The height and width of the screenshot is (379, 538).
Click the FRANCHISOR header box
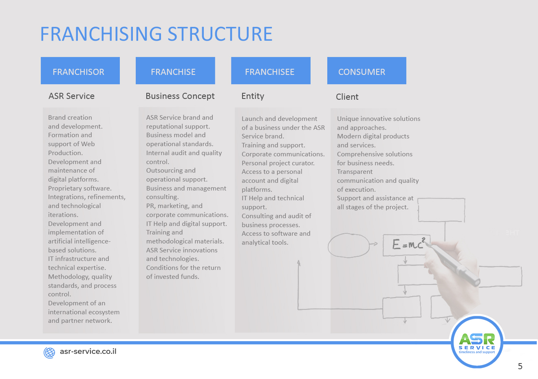point(80,71)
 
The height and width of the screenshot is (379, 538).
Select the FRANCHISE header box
point(175,71)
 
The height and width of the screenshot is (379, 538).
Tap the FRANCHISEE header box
point(271,71)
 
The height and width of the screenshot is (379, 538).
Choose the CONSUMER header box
point(366,71)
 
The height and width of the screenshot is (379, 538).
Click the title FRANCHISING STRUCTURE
point(156,34)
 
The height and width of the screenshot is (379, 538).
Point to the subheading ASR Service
point(71,96)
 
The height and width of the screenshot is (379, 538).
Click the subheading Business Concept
point(180,96)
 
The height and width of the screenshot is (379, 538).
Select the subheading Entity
point(253,96)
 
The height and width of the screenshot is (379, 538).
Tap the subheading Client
point(347,97)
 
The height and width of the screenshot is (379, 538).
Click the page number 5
point(520,366)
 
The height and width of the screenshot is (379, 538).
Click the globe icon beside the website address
point(49,353)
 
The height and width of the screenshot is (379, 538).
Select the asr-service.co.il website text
point(88,351)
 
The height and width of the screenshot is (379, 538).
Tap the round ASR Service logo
point(477,342)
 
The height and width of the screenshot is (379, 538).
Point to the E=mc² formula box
point(406,245)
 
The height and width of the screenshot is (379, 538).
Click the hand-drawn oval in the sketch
point(348,245)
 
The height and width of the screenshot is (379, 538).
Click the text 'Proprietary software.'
point(80,188)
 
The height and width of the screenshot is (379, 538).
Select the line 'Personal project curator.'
point(278,163)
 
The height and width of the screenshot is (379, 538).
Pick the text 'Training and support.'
point(273,145)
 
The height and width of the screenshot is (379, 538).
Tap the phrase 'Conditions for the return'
point(183,268)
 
